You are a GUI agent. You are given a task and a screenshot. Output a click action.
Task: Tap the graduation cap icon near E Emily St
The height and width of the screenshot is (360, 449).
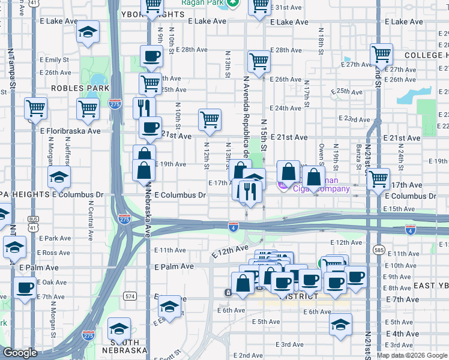click(88, 33)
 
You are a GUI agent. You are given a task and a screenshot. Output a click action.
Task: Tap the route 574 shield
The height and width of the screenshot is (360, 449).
click(130, 296)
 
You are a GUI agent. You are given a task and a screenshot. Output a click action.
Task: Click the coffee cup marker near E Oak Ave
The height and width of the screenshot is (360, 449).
click(25, 289)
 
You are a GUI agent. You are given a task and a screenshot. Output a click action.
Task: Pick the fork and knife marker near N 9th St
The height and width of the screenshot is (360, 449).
click(144, 108)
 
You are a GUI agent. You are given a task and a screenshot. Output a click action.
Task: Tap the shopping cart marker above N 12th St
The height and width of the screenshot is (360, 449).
click(209, 119)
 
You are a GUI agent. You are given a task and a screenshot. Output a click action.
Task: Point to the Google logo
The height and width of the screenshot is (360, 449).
click(20, 352)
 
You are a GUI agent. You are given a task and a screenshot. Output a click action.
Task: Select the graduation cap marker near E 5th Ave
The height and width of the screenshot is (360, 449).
click(340, 325)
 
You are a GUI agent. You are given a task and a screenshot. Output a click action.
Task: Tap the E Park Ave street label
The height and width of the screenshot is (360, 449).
click(54, 238)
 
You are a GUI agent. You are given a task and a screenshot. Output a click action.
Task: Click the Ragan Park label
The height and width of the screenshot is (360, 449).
click(208, 3)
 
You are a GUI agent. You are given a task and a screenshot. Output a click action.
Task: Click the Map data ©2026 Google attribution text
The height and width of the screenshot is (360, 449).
click(412, 355)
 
